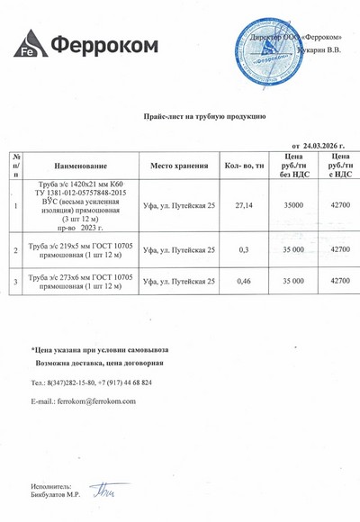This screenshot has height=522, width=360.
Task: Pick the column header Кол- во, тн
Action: (x=243, y=166)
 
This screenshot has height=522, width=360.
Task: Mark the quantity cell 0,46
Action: (x=243, y=282)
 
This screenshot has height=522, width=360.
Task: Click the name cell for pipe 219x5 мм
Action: (x=81, y=249)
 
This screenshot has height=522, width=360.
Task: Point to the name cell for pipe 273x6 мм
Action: (x=81, y=282)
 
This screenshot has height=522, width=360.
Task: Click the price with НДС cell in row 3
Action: (x=340, y=282)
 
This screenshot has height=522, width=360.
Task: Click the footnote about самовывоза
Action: (x=99, y=349)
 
